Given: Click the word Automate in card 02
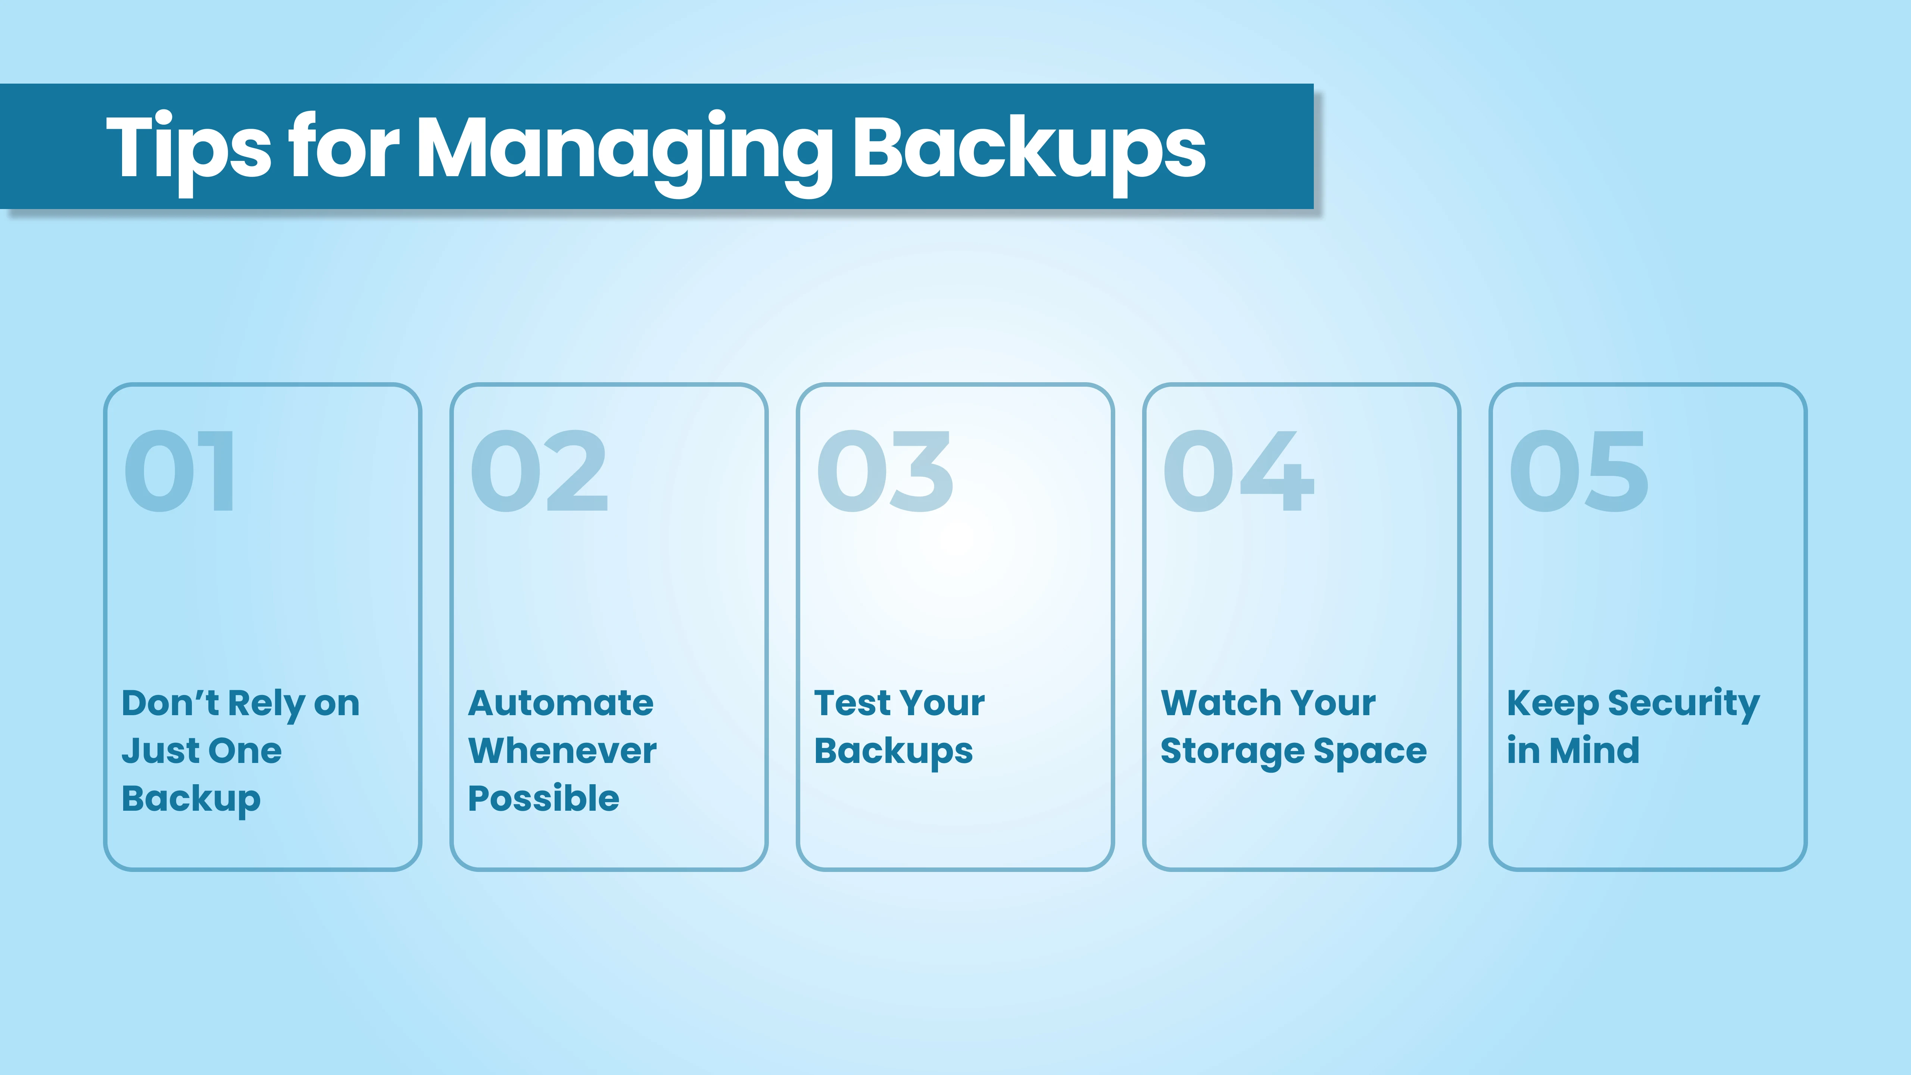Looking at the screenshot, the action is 561,702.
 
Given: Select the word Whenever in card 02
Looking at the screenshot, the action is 562,751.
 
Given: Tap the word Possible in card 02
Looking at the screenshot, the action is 544,798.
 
